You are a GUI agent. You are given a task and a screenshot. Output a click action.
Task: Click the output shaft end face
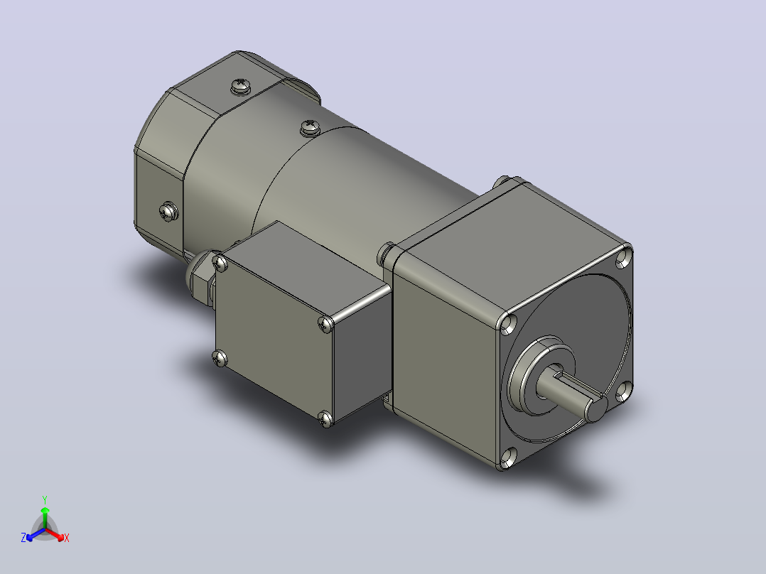596,409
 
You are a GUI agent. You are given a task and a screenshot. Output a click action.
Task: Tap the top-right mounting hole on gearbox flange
623,257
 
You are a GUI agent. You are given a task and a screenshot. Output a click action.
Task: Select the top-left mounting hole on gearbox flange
509,324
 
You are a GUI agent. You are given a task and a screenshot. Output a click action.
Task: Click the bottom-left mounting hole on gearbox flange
509,457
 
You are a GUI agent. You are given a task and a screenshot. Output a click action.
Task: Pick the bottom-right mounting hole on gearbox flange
623,391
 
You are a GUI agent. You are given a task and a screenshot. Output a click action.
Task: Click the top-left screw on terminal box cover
221,264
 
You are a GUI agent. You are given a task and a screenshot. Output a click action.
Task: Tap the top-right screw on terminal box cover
325,323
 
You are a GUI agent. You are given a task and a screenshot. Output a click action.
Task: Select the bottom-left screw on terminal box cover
220,359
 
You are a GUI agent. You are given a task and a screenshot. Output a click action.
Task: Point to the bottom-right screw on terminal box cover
325,418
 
